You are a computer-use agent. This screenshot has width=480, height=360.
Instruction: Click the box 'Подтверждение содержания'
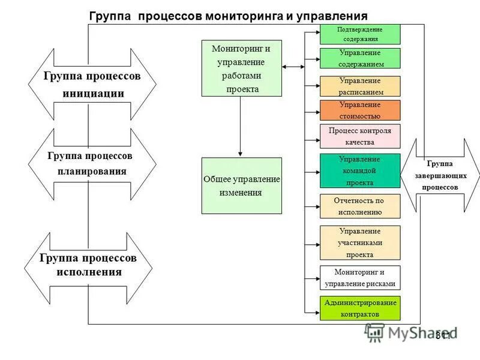[360, 34]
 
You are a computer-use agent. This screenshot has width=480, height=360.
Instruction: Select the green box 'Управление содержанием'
[360, 58]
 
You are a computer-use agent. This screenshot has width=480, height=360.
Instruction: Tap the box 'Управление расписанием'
[360, 86]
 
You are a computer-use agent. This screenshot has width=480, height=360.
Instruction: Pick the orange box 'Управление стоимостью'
[360, 110]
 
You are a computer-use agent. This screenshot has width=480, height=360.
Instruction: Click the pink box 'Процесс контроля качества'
[360, 136]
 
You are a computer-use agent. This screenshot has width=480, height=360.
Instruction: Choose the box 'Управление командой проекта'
[360, 170]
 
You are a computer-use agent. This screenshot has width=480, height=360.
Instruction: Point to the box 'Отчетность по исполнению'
[360, 206]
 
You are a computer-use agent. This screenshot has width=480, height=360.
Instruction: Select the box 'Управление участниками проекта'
[360, 242]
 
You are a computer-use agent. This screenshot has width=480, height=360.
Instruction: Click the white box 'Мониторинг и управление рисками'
[360, 278]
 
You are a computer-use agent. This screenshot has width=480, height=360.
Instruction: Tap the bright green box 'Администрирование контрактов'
[360, 308]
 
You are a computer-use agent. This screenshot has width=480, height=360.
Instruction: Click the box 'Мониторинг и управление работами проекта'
[241, 68]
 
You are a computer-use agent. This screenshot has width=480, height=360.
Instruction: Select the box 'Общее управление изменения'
[241, 185]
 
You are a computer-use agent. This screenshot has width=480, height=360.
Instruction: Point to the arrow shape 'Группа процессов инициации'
[92, 85]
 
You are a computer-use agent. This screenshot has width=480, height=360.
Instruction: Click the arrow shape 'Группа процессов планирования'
[92, 164]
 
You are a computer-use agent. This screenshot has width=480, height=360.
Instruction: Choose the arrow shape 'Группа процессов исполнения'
[89, 265]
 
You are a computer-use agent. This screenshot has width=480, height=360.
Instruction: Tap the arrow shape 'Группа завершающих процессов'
[440, 175]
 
